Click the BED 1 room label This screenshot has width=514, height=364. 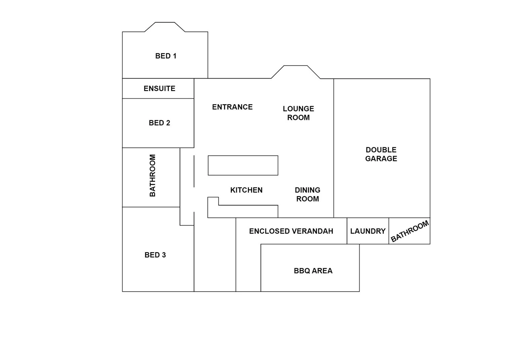(166, 56)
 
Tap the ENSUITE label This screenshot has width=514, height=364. (159, 89)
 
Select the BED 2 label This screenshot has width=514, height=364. (159, 123)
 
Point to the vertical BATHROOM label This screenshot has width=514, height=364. (152, 176)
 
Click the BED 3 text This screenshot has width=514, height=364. (155, 255)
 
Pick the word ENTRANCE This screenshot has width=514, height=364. (232, 107)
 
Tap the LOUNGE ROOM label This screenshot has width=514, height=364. (298, 113)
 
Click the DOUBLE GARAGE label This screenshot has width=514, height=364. (381, 154)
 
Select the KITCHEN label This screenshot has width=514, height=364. (246, 190)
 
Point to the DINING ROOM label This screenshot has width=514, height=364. (307, 194)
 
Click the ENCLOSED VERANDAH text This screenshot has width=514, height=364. (291, 231)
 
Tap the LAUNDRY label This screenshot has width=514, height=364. (368, 231)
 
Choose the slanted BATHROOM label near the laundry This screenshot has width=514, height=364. (409, 231)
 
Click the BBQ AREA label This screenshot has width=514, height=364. (313, 271)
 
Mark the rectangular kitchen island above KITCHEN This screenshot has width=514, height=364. (243, 165)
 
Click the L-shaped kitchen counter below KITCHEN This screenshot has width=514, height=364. (242, 211)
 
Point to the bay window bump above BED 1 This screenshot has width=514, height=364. (165, 27)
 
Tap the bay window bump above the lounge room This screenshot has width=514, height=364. (296, 72)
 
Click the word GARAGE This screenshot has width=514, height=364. (381, 159)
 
